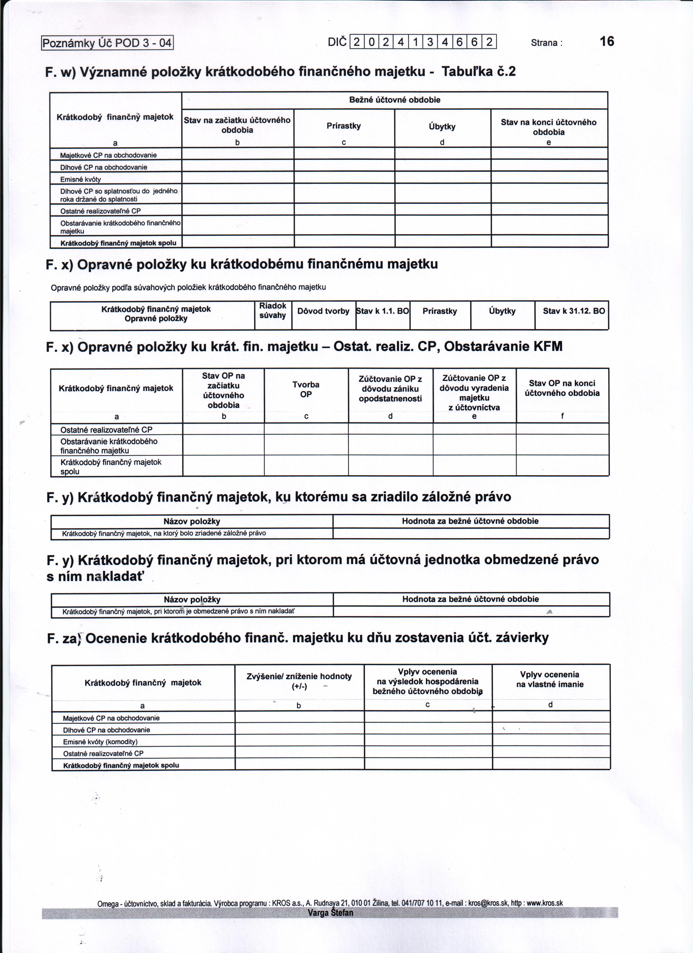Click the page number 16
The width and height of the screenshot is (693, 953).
click(607, 41)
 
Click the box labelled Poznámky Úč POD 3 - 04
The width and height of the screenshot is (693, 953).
click(107, 43)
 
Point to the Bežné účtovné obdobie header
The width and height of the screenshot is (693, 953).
click(395, 100)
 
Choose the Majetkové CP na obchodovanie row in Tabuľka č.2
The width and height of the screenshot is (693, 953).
click(108, 155)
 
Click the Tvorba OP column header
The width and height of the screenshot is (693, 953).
click(306, 389)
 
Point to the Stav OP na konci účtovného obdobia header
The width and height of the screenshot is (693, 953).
click(562, 388)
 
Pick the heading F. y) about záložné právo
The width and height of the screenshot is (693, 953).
click(279, 497)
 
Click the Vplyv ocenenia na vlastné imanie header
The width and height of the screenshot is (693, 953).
click(550, 679)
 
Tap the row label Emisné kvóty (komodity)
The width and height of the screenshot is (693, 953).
click(101, 742)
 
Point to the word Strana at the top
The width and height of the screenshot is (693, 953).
click(545, 42)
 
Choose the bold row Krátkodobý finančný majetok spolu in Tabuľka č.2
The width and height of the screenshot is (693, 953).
click(118, 243)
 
